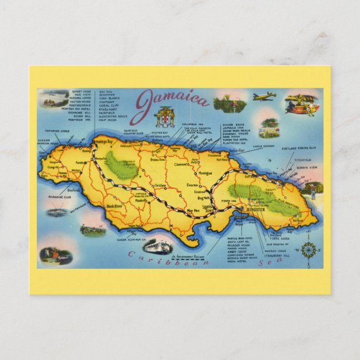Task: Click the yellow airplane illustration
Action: (264, 97)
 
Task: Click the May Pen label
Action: (193, 211)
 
